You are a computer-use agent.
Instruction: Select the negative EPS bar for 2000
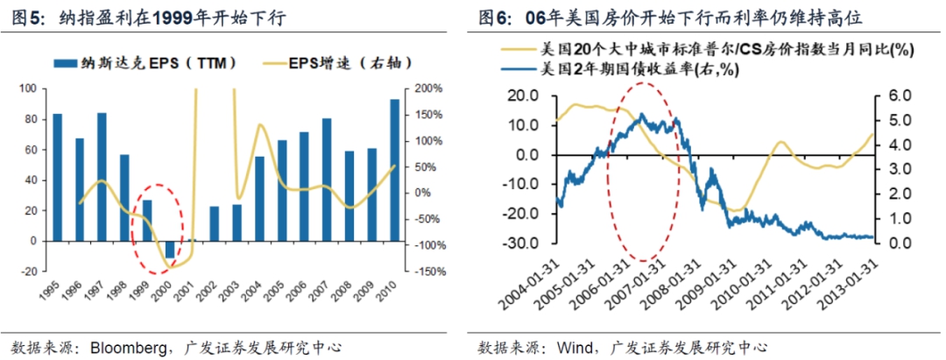click(x=170, y=250)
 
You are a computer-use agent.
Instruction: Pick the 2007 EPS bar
click(x=327, y=180)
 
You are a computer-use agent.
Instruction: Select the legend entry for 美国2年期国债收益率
click(x=621, y=70)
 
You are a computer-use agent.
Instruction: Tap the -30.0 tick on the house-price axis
click(x=526, y=243)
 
